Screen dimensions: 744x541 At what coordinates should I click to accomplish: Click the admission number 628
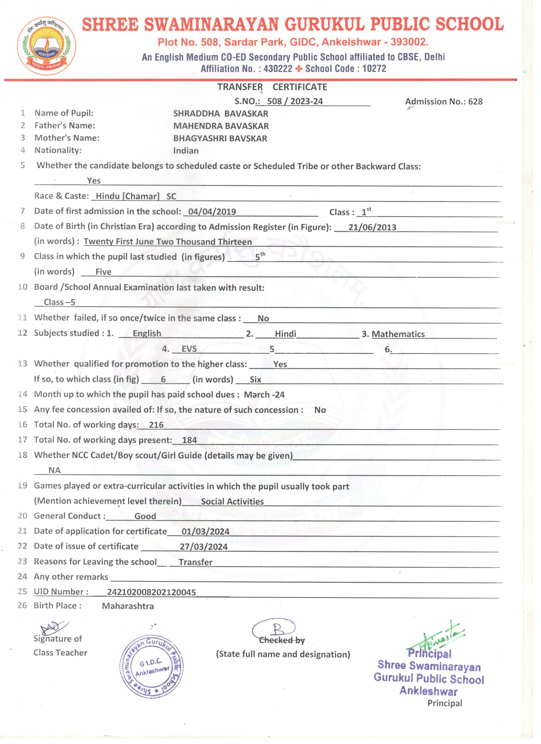(475, 102)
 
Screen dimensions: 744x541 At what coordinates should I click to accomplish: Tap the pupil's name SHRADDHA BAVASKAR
(220, 114)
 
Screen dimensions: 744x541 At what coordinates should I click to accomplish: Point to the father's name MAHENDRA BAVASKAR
(221, 126)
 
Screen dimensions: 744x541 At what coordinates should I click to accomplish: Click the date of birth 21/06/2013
(372, 227)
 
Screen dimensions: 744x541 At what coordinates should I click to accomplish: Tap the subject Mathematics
(398, 334)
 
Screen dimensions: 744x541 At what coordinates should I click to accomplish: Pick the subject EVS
(189, 349)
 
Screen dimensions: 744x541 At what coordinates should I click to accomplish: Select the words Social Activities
(232, 501)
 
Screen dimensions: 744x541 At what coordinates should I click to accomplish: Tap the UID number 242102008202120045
(151, 592)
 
